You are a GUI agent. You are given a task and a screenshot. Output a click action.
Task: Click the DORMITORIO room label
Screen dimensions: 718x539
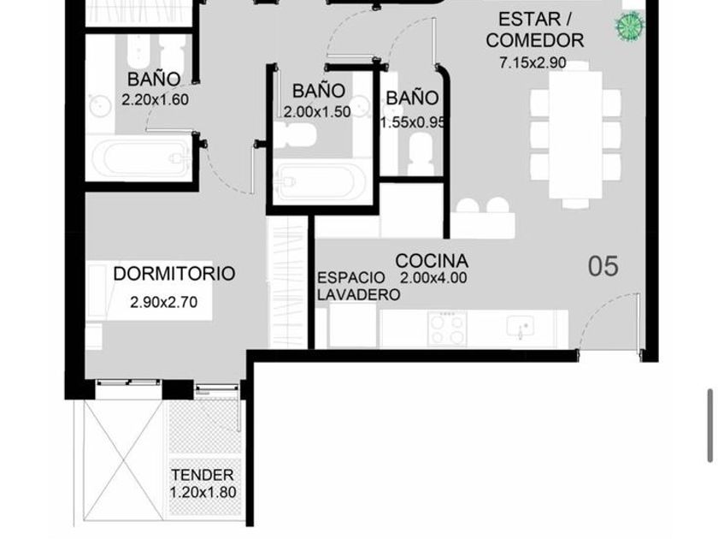point(174,274)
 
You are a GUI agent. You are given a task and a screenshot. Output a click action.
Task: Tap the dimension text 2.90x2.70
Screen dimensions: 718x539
point(163,302)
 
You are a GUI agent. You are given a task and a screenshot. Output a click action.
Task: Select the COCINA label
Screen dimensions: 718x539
point(432,261)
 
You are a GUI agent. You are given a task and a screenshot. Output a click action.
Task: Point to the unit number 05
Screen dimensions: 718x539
point(603,266)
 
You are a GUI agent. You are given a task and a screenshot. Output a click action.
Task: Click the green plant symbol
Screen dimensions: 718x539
point(629,27)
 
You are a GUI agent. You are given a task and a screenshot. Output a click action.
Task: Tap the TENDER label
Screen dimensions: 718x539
point(203,474)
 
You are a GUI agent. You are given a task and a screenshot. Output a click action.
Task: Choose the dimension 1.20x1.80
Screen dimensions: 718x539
point(203,492)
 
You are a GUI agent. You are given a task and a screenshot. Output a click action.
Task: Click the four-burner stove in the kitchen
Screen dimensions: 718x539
point(447,329)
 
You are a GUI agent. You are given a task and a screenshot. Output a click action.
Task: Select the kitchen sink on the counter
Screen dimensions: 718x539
point(521,328)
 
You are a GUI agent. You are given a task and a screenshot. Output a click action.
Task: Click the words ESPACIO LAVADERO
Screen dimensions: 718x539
point(358,286)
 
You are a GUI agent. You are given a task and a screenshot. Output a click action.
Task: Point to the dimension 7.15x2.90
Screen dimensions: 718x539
point(533,62)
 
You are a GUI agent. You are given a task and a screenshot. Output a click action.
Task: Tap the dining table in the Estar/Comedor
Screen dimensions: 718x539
point(575,134)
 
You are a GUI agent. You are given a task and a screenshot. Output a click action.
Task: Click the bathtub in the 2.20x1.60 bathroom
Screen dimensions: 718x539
point(140,157)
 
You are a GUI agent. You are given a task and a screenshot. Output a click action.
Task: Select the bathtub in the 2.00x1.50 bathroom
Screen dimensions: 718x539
point(322,182)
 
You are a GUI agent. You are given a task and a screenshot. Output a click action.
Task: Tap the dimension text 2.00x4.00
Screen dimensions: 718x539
point(433,278)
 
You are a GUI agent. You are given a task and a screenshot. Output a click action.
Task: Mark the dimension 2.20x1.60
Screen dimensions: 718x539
point(156,99)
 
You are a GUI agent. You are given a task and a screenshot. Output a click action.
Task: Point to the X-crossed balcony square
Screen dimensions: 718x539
point(124,460)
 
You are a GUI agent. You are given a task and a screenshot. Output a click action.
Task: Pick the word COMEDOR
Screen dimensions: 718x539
point(535,40)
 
